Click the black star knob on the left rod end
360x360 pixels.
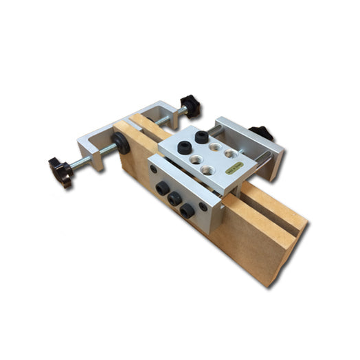tap(60, 171)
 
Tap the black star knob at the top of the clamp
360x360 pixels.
tap(190, 105)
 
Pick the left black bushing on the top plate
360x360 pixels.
tap(183, 147)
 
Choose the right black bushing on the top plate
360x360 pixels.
tap(201, 137)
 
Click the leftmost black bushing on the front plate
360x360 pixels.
tap(162, 188)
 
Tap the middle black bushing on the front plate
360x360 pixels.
tap(175, 199)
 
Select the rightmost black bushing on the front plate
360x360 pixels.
tap(188, 210)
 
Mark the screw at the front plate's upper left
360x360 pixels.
tap(153, 168)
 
